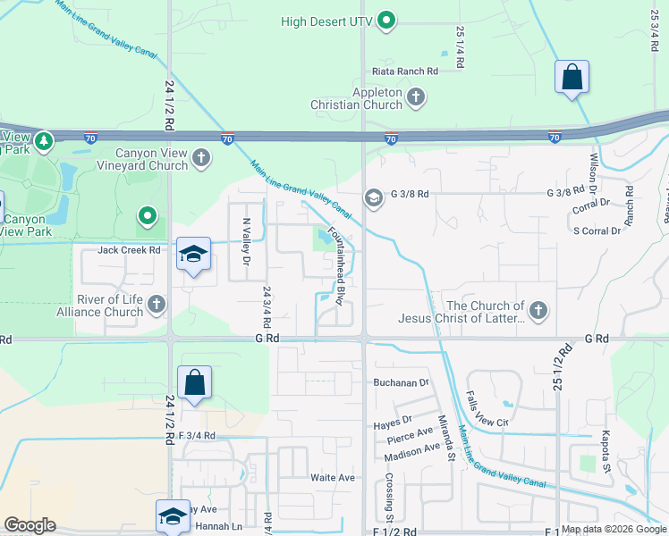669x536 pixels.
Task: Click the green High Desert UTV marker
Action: (x=386, y=20)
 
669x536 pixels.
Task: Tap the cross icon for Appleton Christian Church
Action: (x=415, y=96)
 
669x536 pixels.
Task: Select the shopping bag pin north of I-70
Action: (x=572, y=77)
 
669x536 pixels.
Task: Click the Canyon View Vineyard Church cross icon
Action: (x=201, y=158)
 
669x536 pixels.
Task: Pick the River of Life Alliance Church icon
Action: (x=157, y=305)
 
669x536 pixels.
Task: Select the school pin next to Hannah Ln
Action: (x=174, y=515)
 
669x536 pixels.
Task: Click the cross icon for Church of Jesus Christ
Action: (x=538, y=310)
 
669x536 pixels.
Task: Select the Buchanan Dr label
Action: (x=401, y=382)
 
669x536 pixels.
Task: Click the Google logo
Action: (x=30, y=525)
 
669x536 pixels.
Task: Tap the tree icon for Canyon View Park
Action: (x=43, y=140)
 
